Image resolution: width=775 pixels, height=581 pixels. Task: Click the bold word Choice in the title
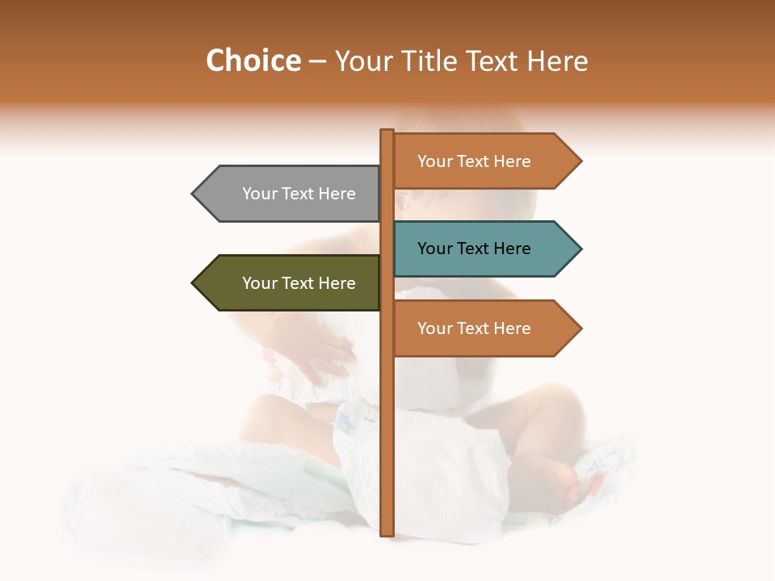(x=253, y=61)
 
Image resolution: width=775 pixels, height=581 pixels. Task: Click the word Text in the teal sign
(x=474, y=249)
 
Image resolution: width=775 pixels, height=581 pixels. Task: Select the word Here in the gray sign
(x=337, y=194)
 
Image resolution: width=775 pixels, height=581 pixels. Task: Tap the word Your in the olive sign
(x=259, y=283)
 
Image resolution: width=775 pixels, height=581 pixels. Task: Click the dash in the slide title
(x=317, y=61)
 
